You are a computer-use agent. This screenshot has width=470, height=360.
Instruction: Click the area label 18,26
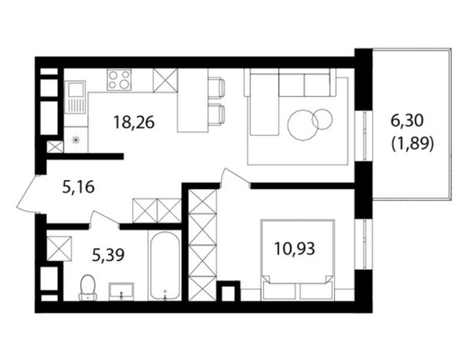(x=133, y=122)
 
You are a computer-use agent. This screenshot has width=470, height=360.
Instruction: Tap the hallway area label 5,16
(x=78, y=187)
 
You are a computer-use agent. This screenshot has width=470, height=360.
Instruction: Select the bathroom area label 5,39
(x=108, y=255)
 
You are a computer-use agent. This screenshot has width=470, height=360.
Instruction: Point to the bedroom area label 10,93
(x=294, y=249)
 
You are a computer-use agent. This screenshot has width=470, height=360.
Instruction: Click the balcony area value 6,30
(x=407, y=121)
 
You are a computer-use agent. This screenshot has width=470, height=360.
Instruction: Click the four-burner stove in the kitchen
(x=119, y=80)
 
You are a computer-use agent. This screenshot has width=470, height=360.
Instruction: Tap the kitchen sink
(x=75, y=97)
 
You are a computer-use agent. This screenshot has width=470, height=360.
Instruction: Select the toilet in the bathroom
(x=88, y=287)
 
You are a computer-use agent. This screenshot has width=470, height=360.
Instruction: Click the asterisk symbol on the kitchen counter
(x=76, y=140)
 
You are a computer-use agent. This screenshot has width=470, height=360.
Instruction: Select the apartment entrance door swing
(x=28, y=193)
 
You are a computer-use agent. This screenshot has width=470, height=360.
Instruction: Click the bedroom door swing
(x=235, y=178)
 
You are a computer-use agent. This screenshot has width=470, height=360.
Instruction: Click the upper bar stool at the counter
(x=217, y=88)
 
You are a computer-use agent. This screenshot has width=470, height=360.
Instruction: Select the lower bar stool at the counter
(x=217, y=114)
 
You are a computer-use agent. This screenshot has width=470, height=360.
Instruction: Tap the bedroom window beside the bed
(x=364, y=244)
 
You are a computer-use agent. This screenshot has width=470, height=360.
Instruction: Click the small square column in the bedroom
(x=228, y=291)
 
